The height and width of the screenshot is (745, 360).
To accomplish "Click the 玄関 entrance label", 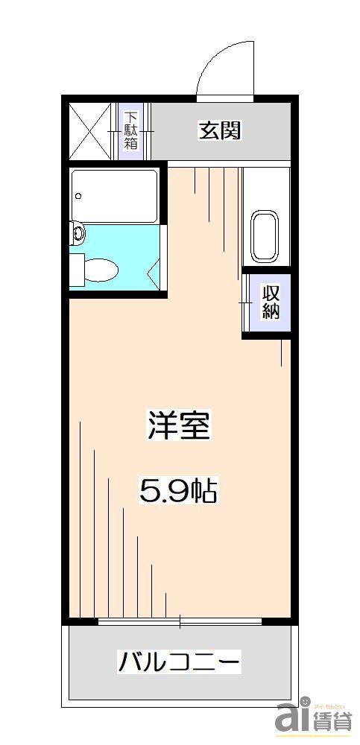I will point(219,131).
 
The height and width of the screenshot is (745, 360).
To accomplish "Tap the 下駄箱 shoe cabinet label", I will point(130,131).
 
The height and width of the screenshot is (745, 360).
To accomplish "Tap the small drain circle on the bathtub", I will point(78,197).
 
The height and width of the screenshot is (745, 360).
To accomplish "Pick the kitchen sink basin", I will point(265,237).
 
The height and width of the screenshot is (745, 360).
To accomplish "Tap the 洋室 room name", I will point(178,425).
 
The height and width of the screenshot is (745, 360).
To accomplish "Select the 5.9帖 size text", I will point(178,489).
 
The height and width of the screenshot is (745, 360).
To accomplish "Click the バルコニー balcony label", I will point(179,661).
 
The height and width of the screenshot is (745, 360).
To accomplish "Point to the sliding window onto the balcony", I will point(180,621).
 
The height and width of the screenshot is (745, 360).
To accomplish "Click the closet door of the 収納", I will point(246,302).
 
